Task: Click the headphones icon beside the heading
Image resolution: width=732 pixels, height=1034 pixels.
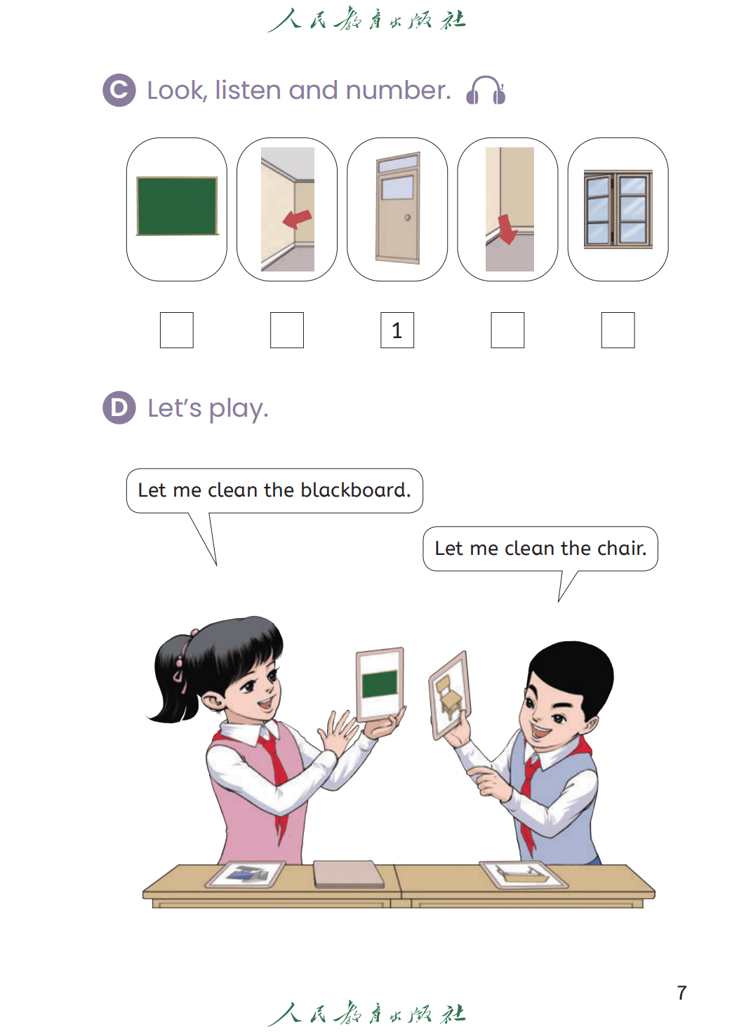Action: pos(486,90)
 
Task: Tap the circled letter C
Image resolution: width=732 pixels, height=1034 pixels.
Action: pos(119,90)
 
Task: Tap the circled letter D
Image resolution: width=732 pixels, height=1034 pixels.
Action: pos(119,408)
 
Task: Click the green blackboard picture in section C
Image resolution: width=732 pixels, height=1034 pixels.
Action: pos(177,206)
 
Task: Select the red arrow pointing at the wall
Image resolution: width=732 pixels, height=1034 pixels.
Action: pos(297,219)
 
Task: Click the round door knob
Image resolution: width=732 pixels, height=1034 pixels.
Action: pos(407,217)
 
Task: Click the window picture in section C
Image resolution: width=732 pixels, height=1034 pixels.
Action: pos(618,209)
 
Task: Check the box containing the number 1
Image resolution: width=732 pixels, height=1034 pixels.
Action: pos(397,330)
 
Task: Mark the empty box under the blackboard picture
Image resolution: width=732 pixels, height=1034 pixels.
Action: pos(177,330)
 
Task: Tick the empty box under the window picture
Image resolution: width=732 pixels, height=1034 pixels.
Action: pos(618,330)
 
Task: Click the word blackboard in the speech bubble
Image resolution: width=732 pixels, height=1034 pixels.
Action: pos(355,490)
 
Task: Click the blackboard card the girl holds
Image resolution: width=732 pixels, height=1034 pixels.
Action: pos(380,684)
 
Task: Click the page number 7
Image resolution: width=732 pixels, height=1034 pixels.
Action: pos(681,993)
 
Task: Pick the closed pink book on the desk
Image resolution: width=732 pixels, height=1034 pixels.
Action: pos(349,873)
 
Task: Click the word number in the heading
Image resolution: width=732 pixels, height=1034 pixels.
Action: pos(398,90)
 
